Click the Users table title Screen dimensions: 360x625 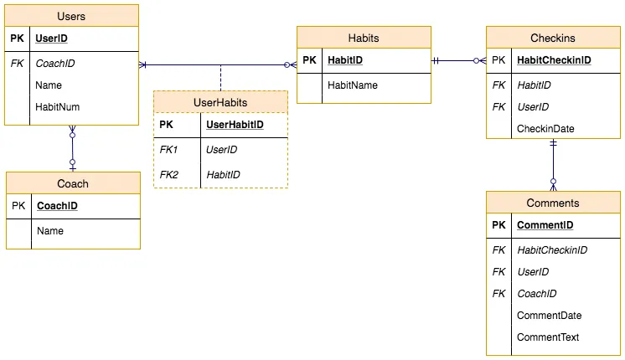tap(71, 16)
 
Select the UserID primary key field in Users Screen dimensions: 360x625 tap(51, 39)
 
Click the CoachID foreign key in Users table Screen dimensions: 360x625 tap(54, 63)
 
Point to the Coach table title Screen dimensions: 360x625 tap(73, 183)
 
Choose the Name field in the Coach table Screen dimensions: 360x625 tap(49, 230)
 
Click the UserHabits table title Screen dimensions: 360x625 tap(220, 102)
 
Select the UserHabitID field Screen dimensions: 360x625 tap(234, 124)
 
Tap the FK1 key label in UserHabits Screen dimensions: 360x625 tap(168, 149)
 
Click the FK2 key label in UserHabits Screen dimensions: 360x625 tap(168, 174)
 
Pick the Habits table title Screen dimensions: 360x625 tap(364, 38)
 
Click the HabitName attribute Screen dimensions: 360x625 tap(352, 85)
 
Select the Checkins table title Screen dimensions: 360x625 tap(553, 38)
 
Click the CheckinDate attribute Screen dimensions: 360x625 tap(545, 128)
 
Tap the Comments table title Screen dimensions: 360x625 tap(553, 203)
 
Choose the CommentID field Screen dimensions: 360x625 tap(545, 225)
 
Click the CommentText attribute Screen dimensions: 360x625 tap(548, 337)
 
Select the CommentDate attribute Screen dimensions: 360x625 tap(549, 316)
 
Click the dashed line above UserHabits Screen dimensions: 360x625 tap(220, 77)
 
